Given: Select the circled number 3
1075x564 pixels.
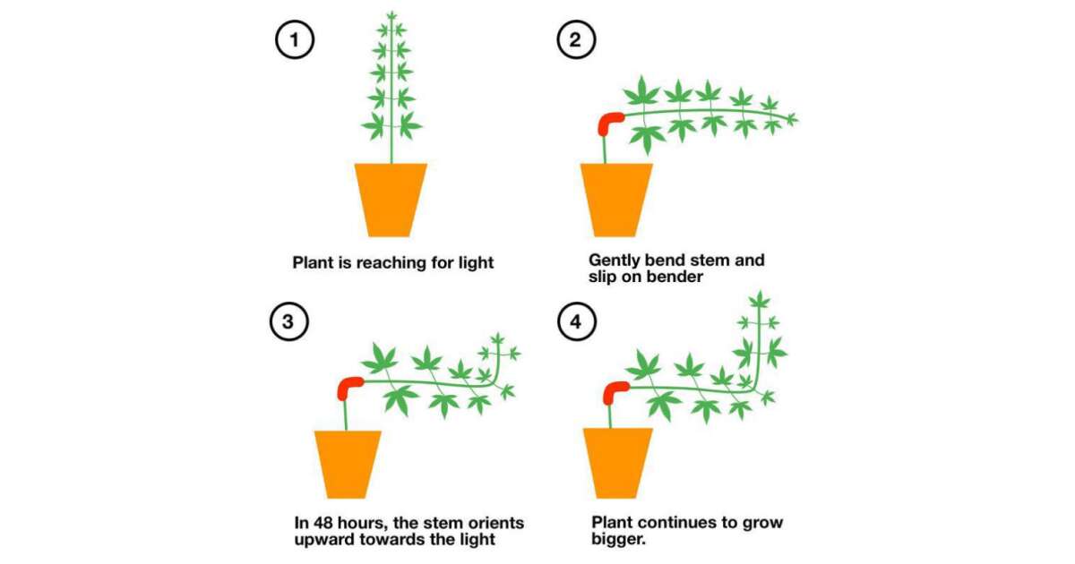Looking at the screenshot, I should tap(288, 323).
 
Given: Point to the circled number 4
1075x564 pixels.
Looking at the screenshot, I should tap(576, 323).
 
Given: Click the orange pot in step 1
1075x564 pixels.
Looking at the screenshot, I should tap(391, 199).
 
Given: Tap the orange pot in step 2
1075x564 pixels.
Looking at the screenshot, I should tap(617, 199).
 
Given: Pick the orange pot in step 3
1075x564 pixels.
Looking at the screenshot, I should tap(348, 463).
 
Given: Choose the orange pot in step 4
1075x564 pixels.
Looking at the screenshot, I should tap(617, 463).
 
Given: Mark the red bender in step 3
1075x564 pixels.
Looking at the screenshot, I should tap(348, 387).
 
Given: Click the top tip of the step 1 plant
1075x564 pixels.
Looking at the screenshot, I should tap(391, 13).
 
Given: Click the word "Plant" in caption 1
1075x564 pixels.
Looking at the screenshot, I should tap(313, 263).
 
